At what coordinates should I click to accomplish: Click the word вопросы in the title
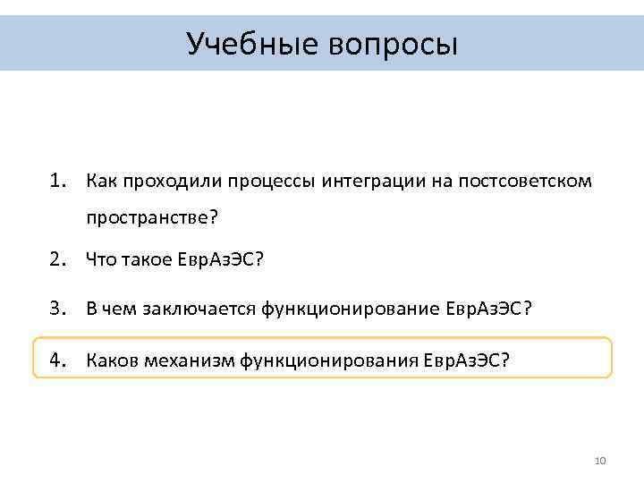coord(394,43)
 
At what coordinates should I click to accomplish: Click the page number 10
coord(600,461)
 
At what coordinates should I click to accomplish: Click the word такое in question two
coord(146,260)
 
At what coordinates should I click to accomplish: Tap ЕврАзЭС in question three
coord(483,309)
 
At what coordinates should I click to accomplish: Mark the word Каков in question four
coord(107,360)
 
